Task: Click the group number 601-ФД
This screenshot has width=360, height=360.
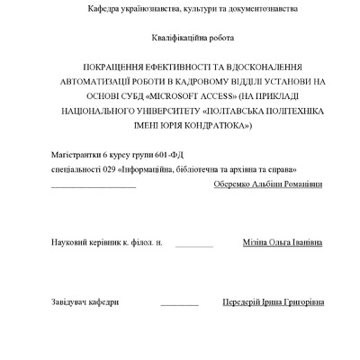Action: click(x=178, y=156)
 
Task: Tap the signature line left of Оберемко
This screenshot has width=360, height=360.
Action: click(x=94, y=186)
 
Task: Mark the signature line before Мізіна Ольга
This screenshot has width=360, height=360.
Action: click(x=194, y=245)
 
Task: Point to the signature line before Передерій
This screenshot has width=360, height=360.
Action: click(x=179, y=304)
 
